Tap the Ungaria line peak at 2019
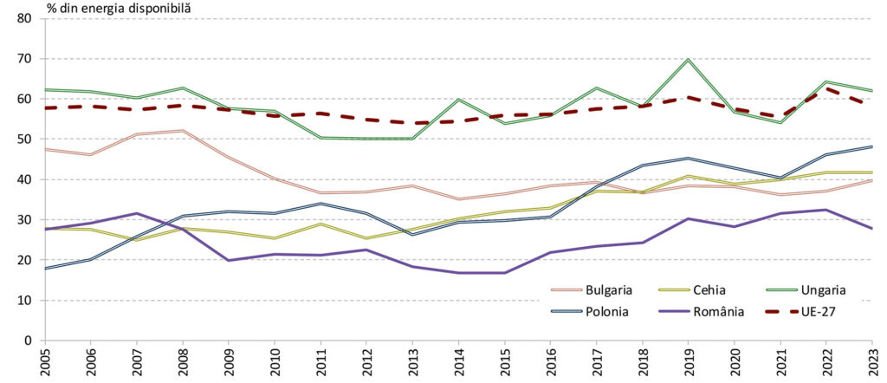(x=689, y=60)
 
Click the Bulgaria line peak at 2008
(x=184, y=131)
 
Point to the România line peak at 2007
(x=138, y=213)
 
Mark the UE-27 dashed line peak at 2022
(x=826, y=88)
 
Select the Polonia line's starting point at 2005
(x=46, y=268)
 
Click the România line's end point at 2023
(x=872, y=229)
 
